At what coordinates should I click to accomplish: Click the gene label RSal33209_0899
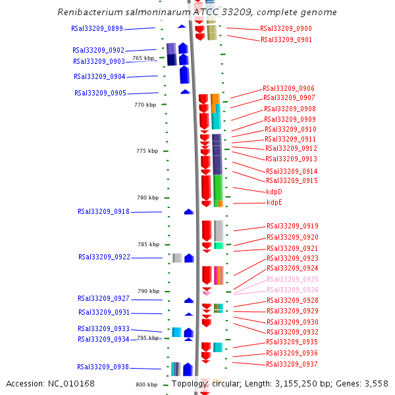point(97,28)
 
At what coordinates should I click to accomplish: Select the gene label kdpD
point(274,192)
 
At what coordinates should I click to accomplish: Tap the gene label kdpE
point(274,202)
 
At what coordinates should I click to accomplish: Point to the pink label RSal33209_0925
point(292,279)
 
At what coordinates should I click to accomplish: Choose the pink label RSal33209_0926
point(292,290)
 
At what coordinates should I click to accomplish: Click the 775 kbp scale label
point(147,151)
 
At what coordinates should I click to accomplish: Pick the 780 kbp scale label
point(147,197)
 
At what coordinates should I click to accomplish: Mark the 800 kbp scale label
point(146,384)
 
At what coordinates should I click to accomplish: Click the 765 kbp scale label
point(143,58)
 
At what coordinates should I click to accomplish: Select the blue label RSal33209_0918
point(103,211)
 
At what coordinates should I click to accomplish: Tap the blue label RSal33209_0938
point(103,367)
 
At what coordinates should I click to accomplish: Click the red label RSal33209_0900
point(286,29)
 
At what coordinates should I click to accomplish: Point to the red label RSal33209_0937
point(292,364)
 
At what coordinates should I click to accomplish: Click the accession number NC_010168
point(72,384)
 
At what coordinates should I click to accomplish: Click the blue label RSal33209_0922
point(104,257)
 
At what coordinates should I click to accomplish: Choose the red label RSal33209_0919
point(292,226)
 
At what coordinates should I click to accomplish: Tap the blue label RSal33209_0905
point(100,93)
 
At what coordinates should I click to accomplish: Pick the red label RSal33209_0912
point(291,148)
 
